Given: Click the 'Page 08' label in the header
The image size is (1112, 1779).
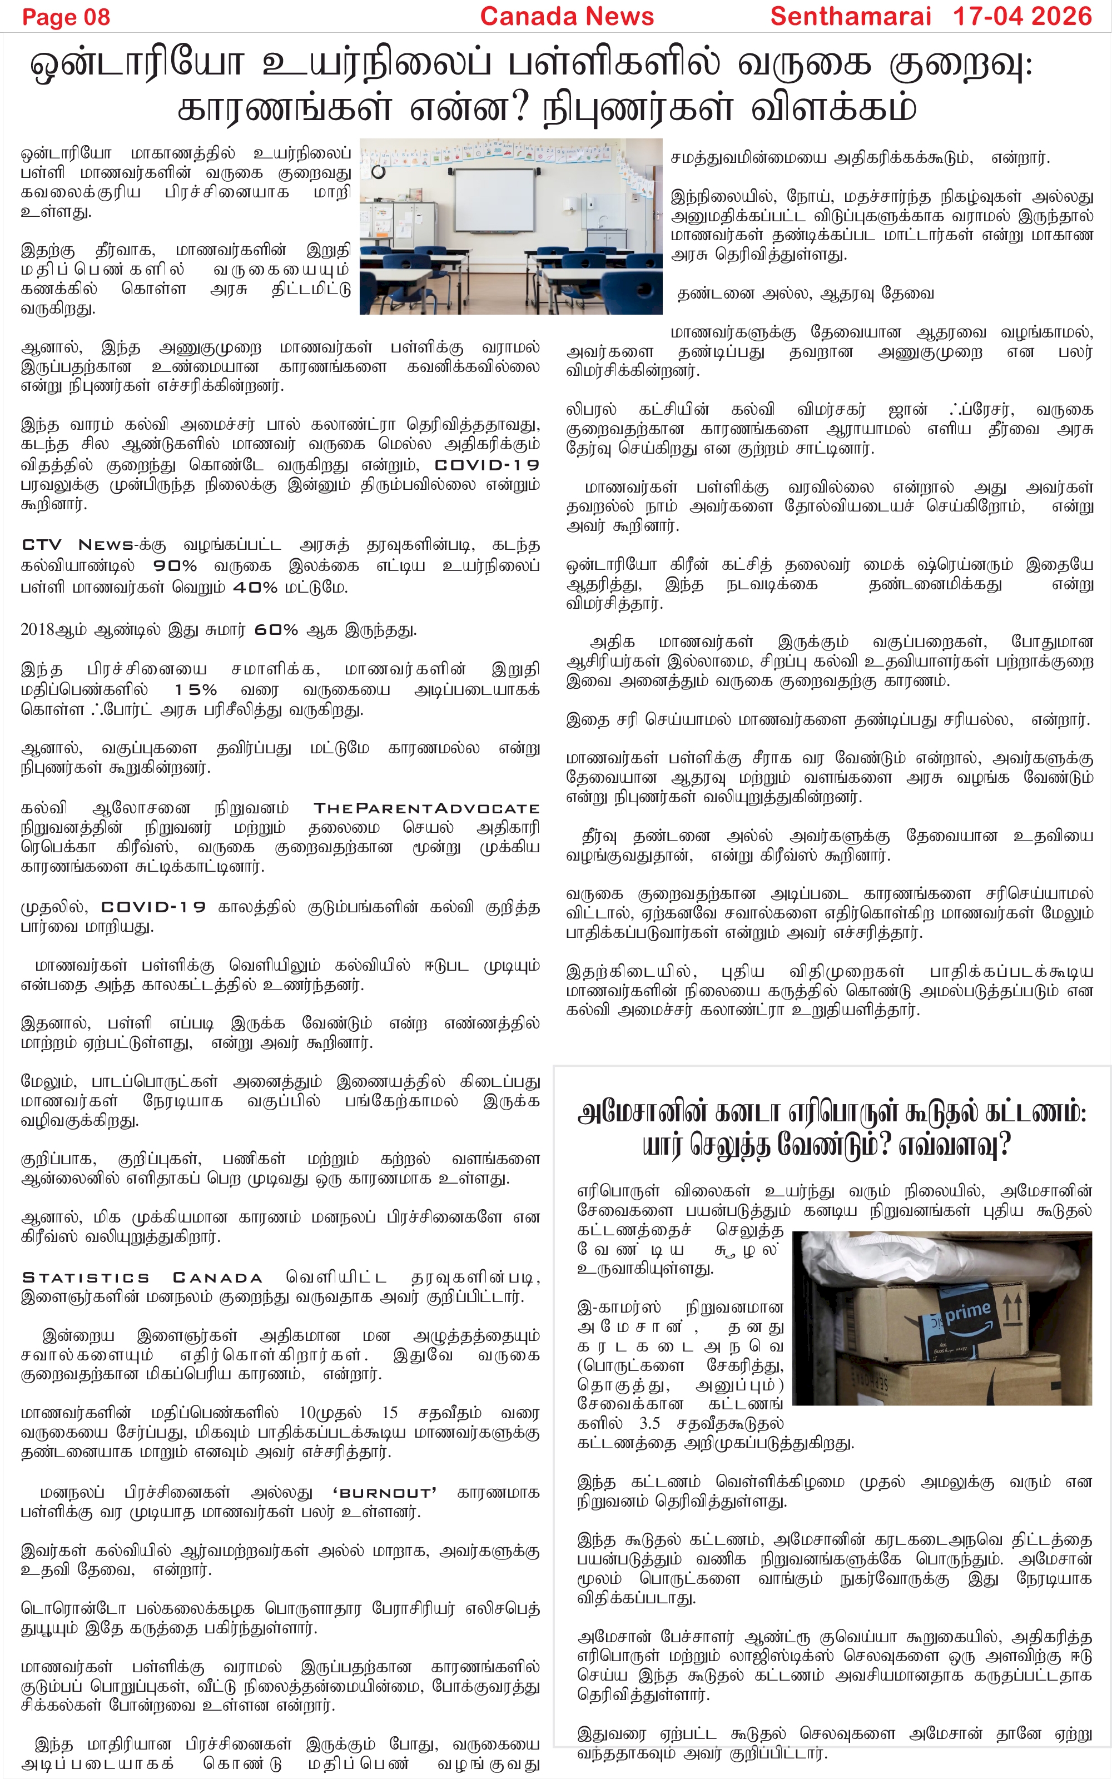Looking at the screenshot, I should coord(66,17).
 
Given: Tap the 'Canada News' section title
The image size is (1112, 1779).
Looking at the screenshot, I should coord(567,16).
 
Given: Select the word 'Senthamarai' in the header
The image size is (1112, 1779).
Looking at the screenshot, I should coord(850,16).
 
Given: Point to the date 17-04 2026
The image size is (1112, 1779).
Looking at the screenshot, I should coord(1022,16).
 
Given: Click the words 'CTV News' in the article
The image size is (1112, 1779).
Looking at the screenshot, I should coord(78,545).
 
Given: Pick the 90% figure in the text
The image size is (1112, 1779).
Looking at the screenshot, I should coord(175,566).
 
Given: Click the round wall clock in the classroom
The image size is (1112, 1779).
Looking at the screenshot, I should coord(378,172).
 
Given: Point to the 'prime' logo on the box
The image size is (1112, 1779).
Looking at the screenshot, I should coord(968,1311).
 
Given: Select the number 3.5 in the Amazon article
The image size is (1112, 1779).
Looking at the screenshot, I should coord(649,1423).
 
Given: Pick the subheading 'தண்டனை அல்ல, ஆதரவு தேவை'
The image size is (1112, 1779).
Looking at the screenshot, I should coord(805,294).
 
